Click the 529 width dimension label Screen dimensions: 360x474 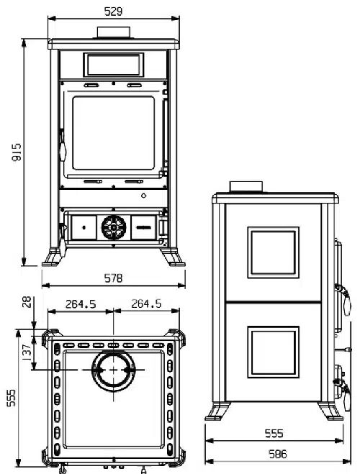tap(113, 12)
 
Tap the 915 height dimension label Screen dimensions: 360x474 tap(17, 152)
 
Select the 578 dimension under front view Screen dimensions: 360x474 tap(113, 278)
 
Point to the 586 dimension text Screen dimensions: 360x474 tap(277, 454)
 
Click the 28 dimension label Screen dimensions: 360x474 tap(27, 301)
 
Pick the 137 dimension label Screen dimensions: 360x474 tap(27, 352)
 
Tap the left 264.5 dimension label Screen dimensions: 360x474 tap(81, 304)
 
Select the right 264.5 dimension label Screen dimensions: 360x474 tap(146, 304)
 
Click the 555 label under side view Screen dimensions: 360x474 tap(274, 433)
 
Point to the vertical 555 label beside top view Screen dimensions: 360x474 tap(11, 398)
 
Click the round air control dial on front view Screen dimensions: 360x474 tap(114, 227)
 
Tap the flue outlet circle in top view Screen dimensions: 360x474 tap(114, 370)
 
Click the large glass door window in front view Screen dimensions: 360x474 tap(114, 133)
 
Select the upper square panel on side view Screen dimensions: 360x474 tap(273, 252)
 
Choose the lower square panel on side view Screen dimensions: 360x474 tap(273, 352)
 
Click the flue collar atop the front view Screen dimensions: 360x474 tap(114, 32)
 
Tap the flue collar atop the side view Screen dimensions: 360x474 tap(246, 186)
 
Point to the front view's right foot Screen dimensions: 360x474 tap(172, 257)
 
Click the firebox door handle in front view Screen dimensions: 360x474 tap(63, 147)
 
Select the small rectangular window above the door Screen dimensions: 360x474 tap(114, 65)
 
